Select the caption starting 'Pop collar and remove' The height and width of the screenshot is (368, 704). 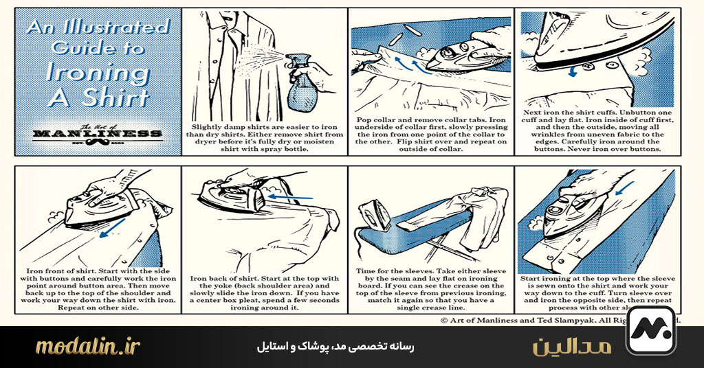(431, 134)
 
